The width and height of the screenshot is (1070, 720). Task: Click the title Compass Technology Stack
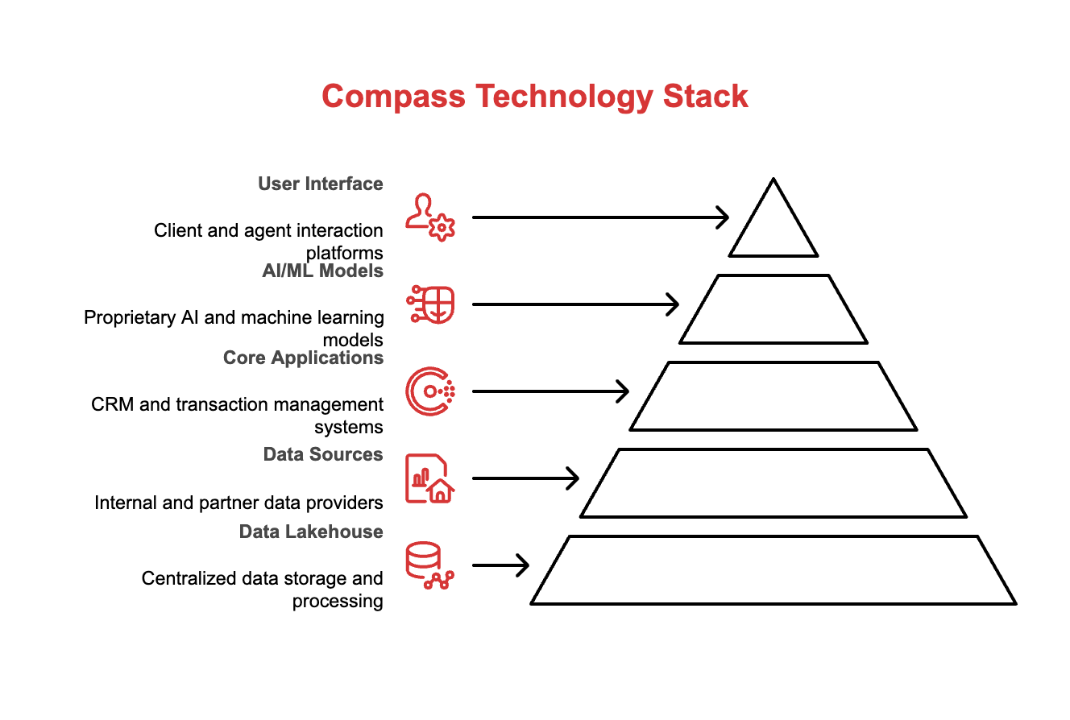(x=535, y=97)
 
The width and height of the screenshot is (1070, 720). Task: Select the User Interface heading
(x=321, y=184)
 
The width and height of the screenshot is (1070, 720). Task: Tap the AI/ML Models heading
(x=323, y=271)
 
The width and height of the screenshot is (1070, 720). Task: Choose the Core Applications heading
(x=303, y=358)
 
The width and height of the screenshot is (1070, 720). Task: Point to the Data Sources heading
(x=323, y=454)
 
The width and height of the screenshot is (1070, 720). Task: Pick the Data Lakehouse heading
(x=311, y=532)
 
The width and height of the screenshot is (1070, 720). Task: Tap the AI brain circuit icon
(x=431, y=304)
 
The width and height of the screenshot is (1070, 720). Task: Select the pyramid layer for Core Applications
(x=773, y=395)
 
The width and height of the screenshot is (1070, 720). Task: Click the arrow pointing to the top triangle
(x=600, y=217)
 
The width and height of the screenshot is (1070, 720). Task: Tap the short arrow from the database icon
(x=500, y=565)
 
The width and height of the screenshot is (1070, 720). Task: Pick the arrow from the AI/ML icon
(x=575, y=304)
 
